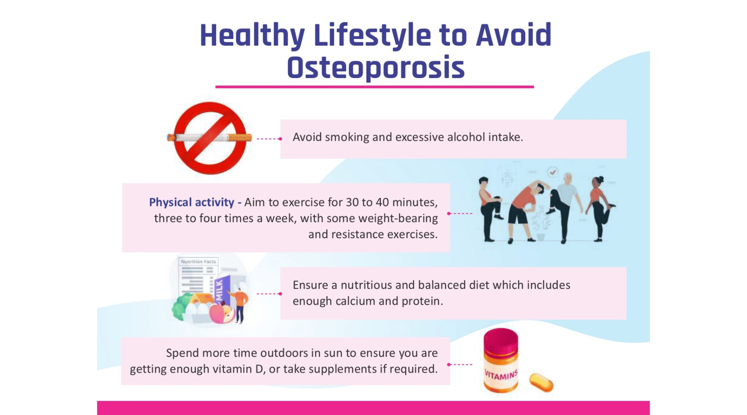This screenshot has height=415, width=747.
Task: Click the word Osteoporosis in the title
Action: pos(375,68)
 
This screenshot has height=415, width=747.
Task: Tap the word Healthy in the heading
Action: pos(252,36)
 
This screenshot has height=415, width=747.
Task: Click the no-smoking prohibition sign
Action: pos(210,138)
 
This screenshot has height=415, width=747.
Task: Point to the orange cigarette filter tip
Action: pos(240,137)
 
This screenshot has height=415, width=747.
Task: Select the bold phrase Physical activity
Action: pos(191,202)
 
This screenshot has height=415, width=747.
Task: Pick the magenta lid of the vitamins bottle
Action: pos(501,341)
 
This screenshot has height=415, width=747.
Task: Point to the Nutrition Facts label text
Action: pos(198,262)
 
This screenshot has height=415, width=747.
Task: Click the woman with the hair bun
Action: pos(601,208)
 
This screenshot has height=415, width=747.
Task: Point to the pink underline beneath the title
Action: pos(375,87)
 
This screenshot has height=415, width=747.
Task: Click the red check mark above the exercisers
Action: pos(552,172)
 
